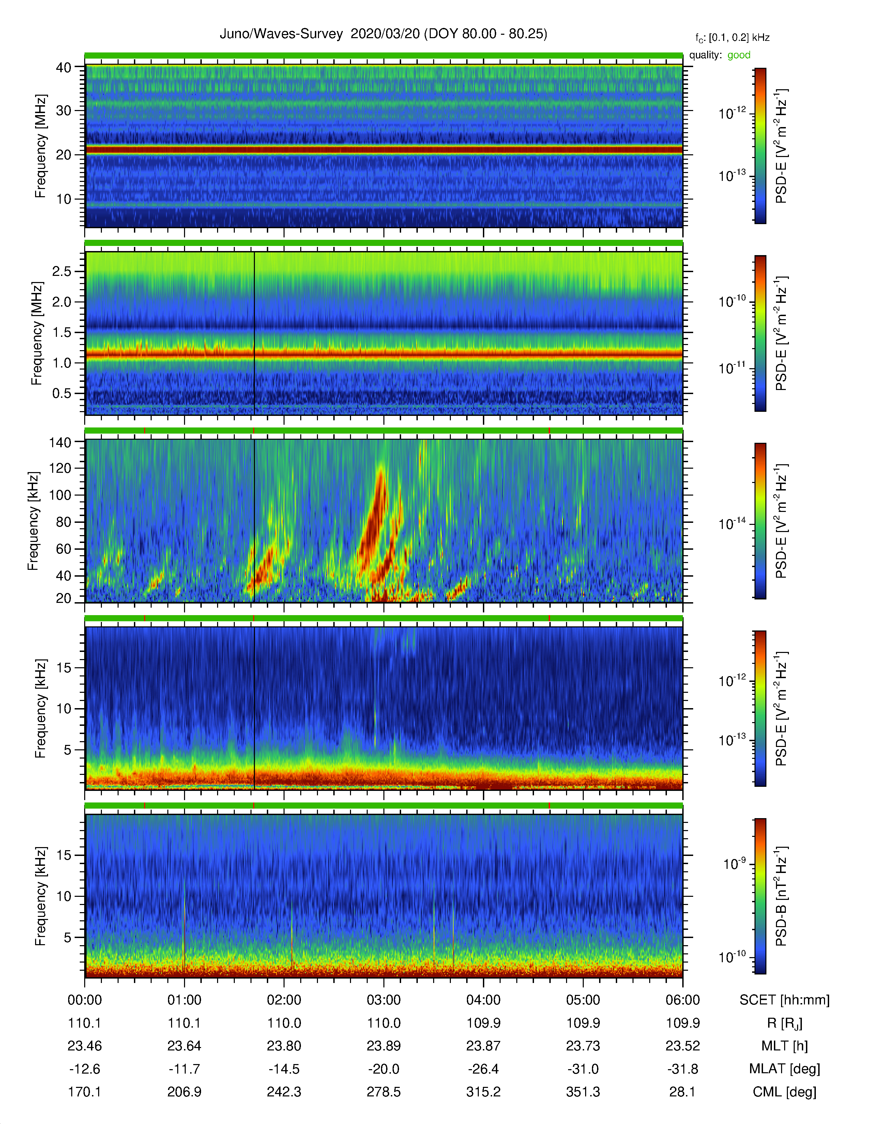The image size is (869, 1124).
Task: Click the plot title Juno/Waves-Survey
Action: [281, 34]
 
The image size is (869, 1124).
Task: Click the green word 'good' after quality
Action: [739, 55]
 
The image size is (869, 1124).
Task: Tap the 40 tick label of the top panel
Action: [64, 67]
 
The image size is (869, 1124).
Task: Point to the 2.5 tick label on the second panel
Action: [62, 271]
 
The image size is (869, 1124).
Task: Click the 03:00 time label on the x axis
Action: [383, 1000]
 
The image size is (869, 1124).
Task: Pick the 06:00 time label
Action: [683, 1000]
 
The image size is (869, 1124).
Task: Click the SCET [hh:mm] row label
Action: [784, 1000]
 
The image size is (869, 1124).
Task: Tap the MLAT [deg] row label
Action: [784, 1069]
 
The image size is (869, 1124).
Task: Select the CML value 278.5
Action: [383, 1092]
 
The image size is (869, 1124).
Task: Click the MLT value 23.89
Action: [383, 1046]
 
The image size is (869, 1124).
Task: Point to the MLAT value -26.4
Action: [484, 1069]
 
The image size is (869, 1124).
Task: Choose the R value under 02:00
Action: [284, 1023]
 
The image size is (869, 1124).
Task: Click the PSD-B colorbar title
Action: [781, 896]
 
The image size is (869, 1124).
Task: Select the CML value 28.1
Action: [683, 1092]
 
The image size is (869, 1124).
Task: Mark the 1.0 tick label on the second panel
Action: [62, 363]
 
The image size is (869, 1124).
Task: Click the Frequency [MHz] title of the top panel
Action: [40, 146]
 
